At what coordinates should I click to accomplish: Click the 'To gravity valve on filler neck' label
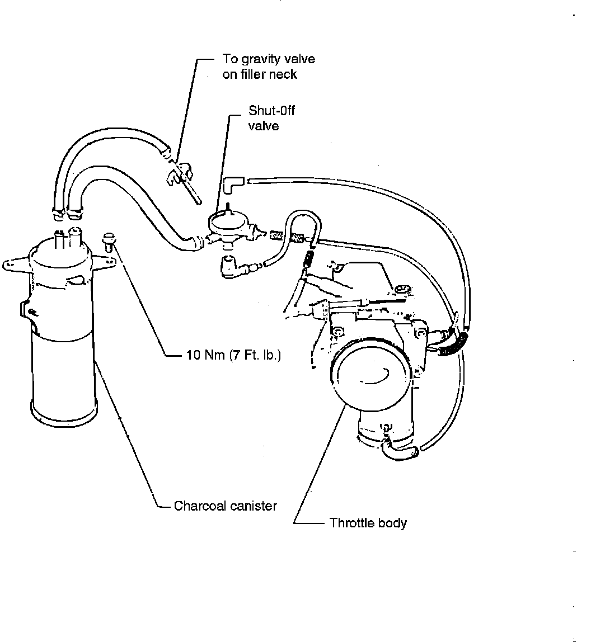[x=268, y=67]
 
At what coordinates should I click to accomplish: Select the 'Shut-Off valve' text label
[x=271, y=118]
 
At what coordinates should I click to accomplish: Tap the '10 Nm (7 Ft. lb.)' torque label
[x=232, y=355]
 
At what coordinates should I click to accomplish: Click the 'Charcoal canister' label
[x=225, y=506]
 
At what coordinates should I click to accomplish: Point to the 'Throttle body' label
[x=368, y=523]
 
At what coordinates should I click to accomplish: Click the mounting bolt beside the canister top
[x=107, y=243]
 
